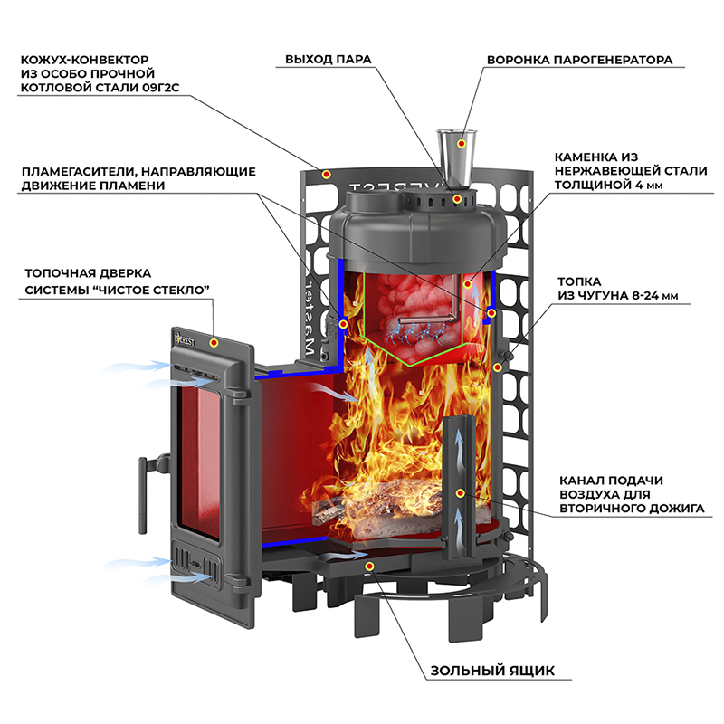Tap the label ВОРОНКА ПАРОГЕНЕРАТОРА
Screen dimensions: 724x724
click(x=579, y=61)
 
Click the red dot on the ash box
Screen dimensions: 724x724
click(x=369, y=567)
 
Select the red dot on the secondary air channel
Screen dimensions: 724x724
click(x=460, y=493)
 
